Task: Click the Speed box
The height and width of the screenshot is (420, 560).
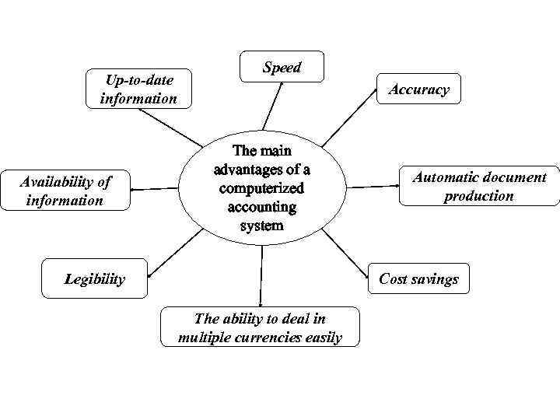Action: pyautogui.click(x=282, y=68)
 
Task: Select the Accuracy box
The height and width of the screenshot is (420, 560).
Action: pyautogui.click(x=419, y=89)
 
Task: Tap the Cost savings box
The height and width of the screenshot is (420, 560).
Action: pyautogui.click(x=418, y=278)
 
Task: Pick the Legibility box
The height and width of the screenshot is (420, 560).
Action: pyautogui.click(x=94, y=278)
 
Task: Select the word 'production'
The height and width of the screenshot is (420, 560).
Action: pyautogui.click(x=478, y=196)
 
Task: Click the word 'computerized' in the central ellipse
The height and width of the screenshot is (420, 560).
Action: pyautogui.click(x=261, y=188)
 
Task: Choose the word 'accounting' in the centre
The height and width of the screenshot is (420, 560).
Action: pyautogui.click(x=261, y=208)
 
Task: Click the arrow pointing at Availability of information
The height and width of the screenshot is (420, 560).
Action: pyautogui.click(x=156, y=188)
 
